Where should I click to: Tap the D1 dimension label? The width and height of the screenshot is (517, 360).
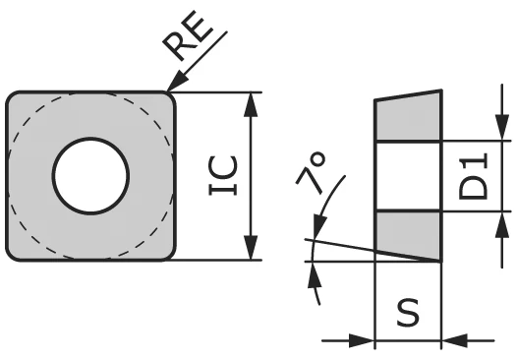coord(475,175)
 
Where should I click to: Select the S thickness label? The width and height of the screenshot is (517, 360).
coord(408,314)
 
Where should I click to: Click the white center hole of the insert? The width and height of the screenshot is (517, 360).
coord(91,176)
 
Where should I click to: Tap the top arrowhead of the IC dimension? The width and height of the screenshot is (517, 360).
coord(253,100)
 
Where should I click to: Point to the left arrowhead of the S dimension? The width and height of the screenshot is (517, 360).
coord(367,341)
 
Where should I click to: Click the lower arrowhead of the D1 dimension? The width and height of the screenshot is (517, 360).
coord(495,220)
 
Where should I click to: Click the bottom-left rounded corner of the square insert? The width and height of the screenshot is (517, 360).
coord(14,253)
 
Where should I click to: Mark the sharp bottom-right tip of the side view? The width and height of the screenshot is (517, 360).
coord(439,261)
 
